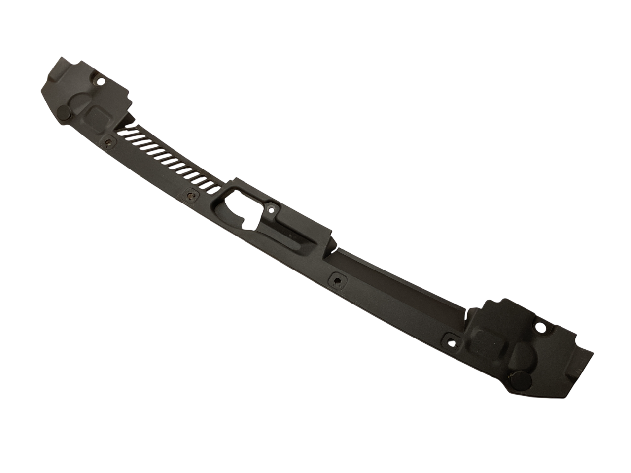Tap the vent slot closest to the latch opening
(x=211, y=186)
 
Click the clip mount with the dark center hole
(x=338, y=280)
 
